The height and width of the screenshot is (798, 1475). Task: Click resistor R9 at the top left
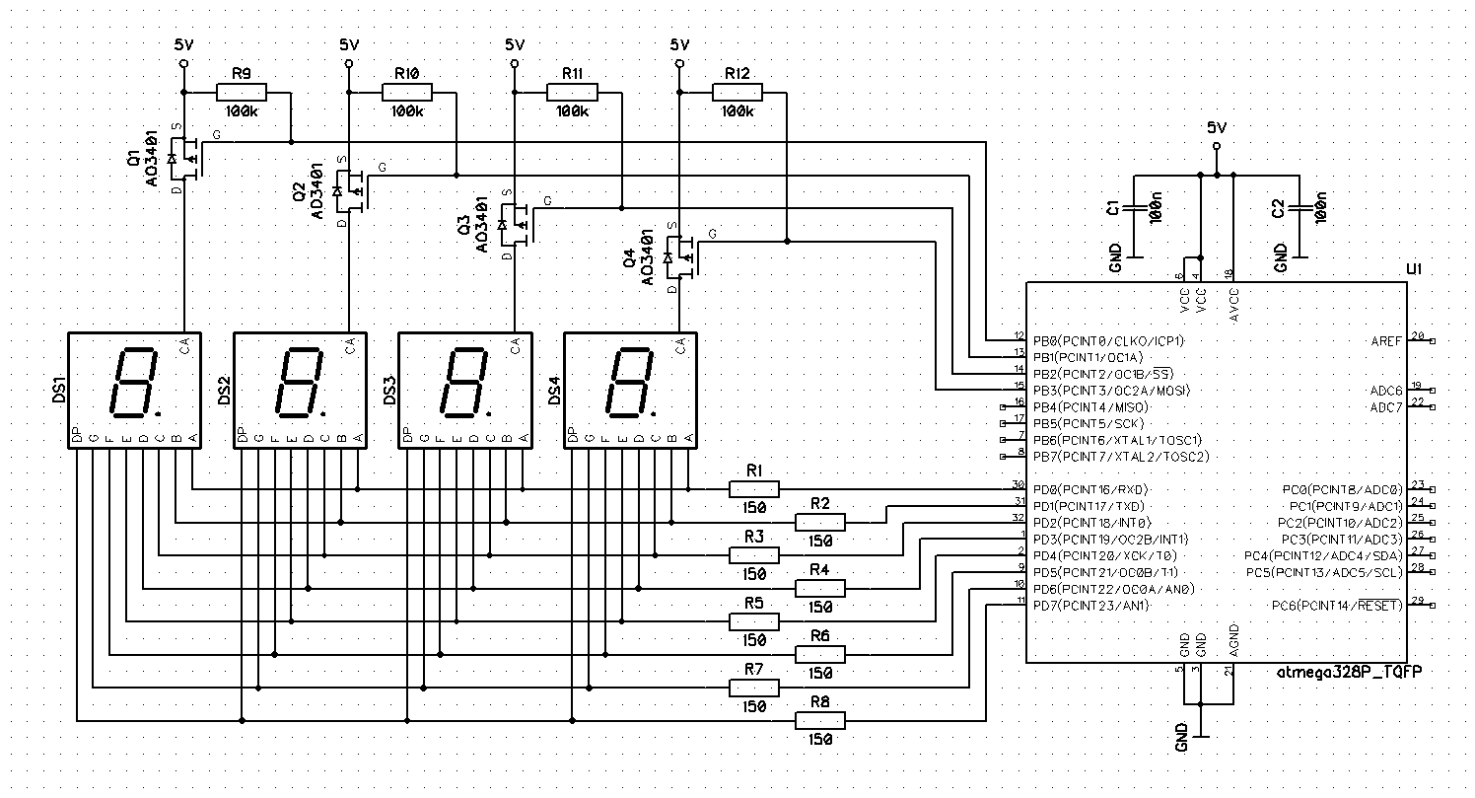tap(242, 93)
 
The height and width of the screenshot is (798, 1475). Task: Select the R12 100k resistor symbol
tap(737, 93)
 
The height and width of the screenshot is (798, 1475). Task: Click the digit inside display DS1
tap(132, 383)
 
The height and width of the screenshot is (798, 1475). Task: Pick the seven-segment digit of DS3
tap(462, 383)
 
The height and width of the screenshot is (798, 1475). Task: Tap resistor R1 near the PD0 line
tap(754, 488)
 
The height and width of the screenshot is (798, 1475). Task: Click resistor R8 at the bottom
tap(819, 722)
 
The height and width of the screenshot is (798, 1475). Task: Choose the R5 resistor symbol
tap(754, 621)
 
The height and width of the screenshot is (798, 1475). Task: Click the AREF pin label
tap(1385, 340)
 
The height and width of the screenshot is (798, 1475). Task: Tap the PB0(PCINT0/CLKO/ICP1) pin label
tap(1107, 340)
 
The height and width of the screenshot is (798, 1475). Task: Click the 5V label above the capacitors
tap(1217, 128)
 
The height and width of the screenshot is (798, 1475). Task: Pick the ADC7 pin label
tap(1385, 406)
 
